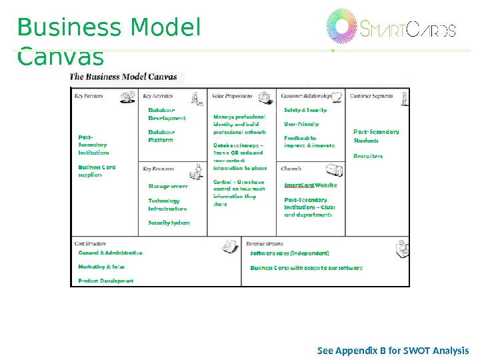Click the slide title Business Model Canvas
coord(109,42)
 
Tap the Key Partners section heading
coord(89,97)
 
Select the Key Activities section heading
coord(158,97)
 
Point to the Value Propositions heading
coord(232,97)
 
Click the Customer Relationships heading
coord(306,97)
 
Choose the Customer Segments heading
coord(371,97)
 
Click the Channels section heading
coord(292,169)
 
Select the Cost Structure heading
coord(91,244)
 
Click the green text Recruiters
coord(368,156)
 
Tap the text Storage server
coord(168,187)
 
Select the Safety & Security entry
coord(305,110)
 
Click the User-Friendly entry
coord(301,124)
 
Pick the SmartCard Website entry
coord(311,185)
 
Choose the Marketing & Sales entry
coord(101,267)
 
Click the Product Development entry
coord(106,281)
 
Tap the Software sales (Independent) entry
coord(290,253)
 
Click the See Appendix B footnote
coord(393,351)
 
